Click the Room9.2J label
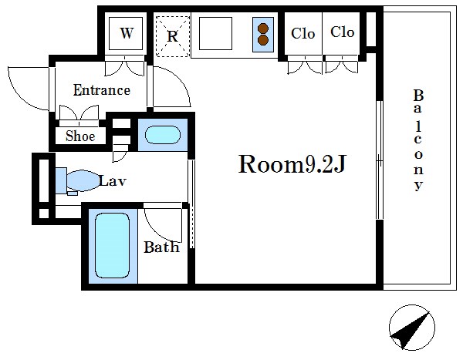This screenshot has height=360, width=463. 292,164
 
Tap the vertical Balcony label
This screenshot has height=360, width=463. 418,140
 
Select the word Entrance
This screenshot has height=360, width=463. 102,90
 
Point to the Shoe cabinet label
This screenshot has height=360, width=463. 80,136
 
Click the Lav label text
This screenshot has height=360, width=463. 113,181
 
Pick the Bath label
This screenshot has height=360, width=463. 161,247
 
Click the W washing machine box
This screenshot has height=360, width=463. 126,33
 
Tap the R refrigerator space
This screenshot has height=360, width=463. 172,36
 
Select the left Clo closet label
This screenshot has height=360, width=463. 302,33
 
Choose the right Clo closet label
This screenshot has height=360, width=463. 342,32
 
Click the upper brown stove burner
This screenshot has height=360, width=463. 263,29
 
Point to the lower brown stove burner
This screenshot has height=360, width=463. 263,40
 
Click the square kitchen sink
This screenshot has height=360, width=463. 215,33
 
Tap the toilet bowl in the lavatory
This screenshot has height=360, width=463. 83,180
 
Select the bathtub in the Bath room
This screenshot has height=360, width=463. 112,245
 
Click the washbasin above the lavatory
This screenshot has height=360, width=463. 162,135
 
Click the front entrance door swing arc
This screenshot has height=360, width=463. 28,89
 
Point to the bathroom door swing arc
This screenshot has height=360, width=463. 162,225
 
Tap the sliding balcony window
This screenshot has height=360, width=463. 380,160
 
